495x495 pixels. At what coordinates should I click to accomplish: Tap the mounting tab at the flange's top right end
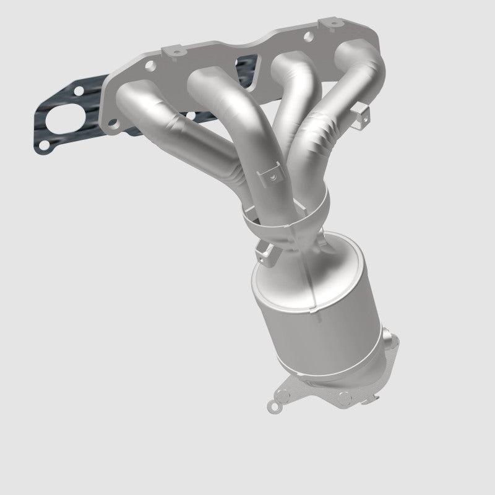pyautogui.click(x=319, y=32)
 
